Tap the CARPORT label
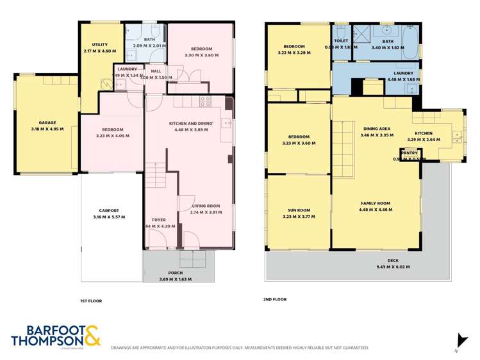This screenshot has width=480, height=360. coord(109,210)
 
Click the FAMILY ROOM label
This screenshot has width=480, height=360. coord(375,202)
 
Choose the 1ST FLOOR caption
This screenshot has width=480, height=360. coord(91,300)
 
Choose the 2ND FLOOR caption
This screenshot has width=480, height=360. coord(276,299)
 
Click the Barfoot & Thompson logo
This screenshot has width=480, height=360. coord(56,337)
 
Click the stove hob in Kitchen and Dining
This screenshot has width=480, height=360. coord(205,101)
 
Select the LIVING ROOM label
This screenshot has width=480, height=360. coord(206,206)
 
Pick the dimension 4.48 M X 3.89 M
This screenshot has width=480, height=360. coord(190,129)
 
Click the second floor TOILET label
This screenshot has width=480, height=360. coord(341,41)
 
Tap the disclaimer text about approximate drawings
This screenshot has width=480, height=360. coord(239,348)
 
